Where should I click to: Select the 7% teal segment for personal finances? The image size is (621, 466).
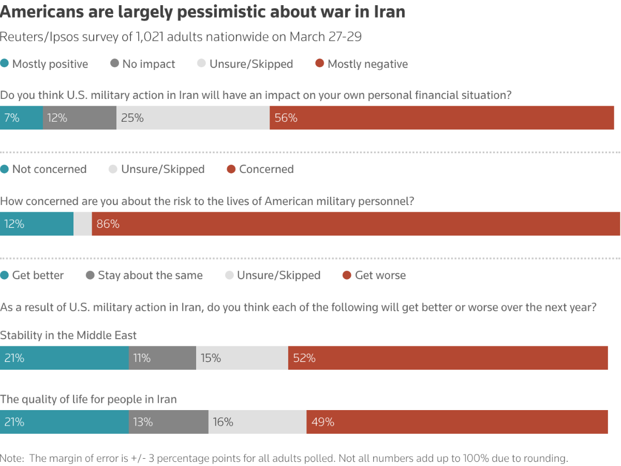pyautogui.click(x=21, y=118)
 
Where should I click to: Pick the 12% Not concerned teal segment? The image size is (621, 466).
pyautogui.click(x=37, y=224)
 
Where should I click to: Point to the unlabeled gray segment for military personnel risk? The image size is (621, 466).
pyautogui.click(x=83, y=224)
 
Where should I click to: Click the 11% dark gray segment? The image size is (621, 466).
pyautogui.click(x=162, y=358)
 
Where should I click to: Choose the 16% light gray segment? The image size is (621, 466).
pyautogui.click(x=257, y=422)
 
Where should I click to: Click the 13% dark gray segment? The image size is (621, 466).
pyautogui.click(x=169, y=422)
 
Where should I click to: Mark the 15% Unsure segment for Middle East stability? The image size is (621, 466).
pyautogui.click(x=242, y=358)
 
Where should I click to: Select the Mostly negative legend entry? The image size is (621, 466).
pyautogui.click(x=362, y=64)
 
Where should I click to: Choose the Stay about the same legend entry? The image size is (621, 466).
pyautogui.click(x=144, y=275)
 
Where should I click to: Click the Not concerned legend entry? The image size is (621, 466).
pyautogui.click(x=43, y=169)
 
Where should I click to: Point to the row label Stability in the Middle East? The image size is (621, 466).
pyautogui.click(x=68, y=336)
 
